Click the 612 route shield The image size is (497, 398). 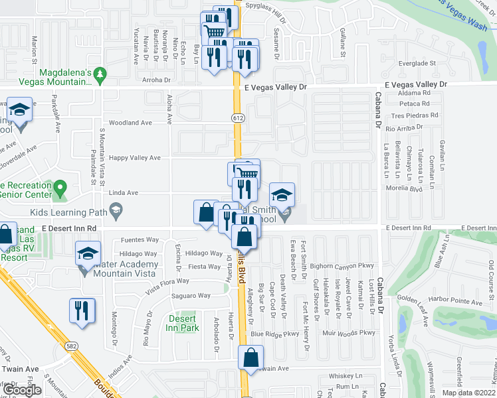[237, 117]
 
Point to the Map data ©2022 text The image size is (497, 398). [469, 393]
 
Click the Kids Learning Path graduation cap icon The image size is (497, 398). [116, 211]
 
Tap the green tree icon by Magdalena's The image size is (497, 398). [100, 74]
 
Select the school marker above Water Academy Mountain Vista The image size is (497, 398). [87, 253]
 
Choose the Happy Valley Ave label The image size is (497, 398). [135, 158]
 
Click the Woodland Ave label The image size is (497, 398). [131, 123]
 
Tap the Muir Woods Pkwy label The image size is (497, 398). [349, 333]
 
